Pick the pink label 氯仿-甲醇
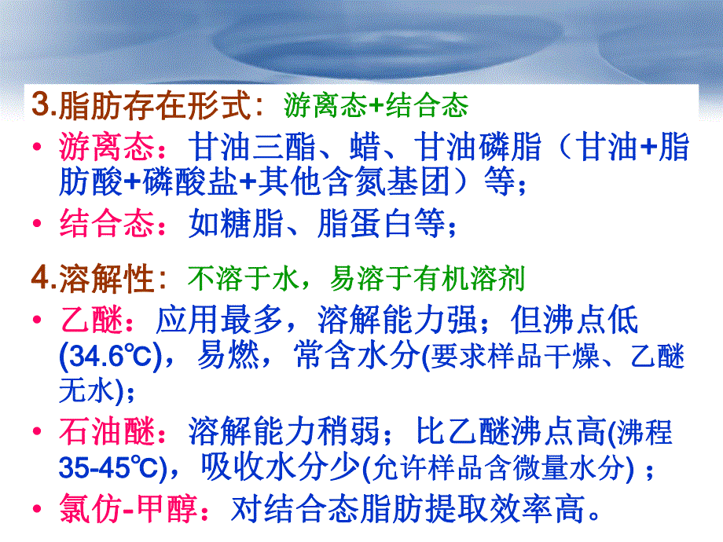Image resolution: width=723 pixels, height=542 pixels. (x=126, y=509)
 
